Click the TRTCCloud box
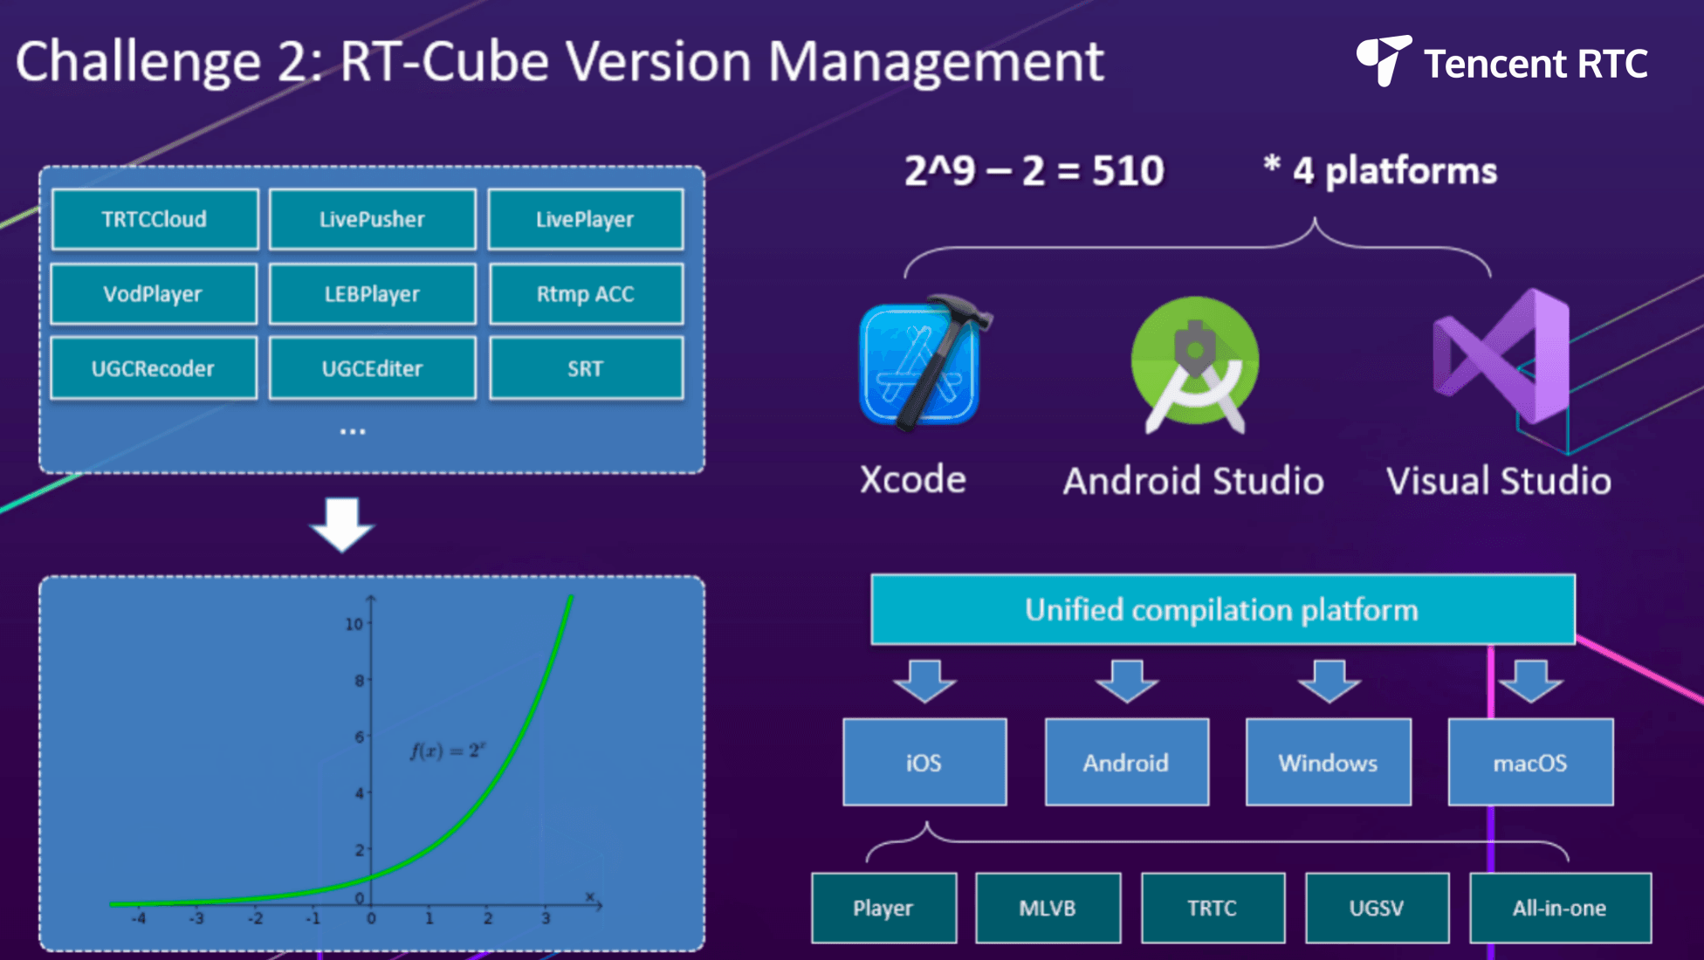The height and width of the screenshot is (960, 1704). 155,219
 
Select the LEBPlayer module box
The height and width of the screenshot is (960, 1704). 373,294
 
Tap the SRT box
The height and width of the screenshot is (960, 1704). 586,368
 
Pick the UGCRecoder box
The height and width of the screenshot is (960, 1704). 154,368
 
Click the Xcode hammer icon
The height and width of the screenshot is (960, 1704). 924,361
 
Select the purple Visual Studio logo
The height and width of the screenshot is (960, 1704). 1501,357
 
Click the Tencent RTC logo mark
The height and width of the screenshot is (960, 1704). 1384,60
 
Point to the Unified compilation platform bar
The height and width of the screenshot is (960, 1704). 1223,609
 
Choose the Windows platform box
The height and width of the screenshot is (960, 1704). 1329,762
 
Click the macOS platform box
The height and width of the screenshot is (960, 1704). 1530,762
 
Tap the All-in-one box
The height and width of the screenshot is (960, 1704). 1560,908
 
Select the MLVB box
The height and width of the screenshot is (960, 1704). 1048,908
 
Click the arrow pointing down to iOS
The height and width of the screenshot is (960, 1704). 924,682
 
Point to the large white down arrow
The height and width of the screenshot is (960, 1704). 342,525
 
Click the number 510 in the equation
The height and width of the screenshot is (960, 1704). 1128,170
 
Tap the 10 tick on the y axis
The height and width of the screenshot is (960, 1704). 354,624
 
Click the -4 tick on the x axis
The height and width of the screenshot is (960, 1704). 139,918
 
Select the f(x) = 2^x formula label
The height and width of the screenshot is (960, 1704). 448,750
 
